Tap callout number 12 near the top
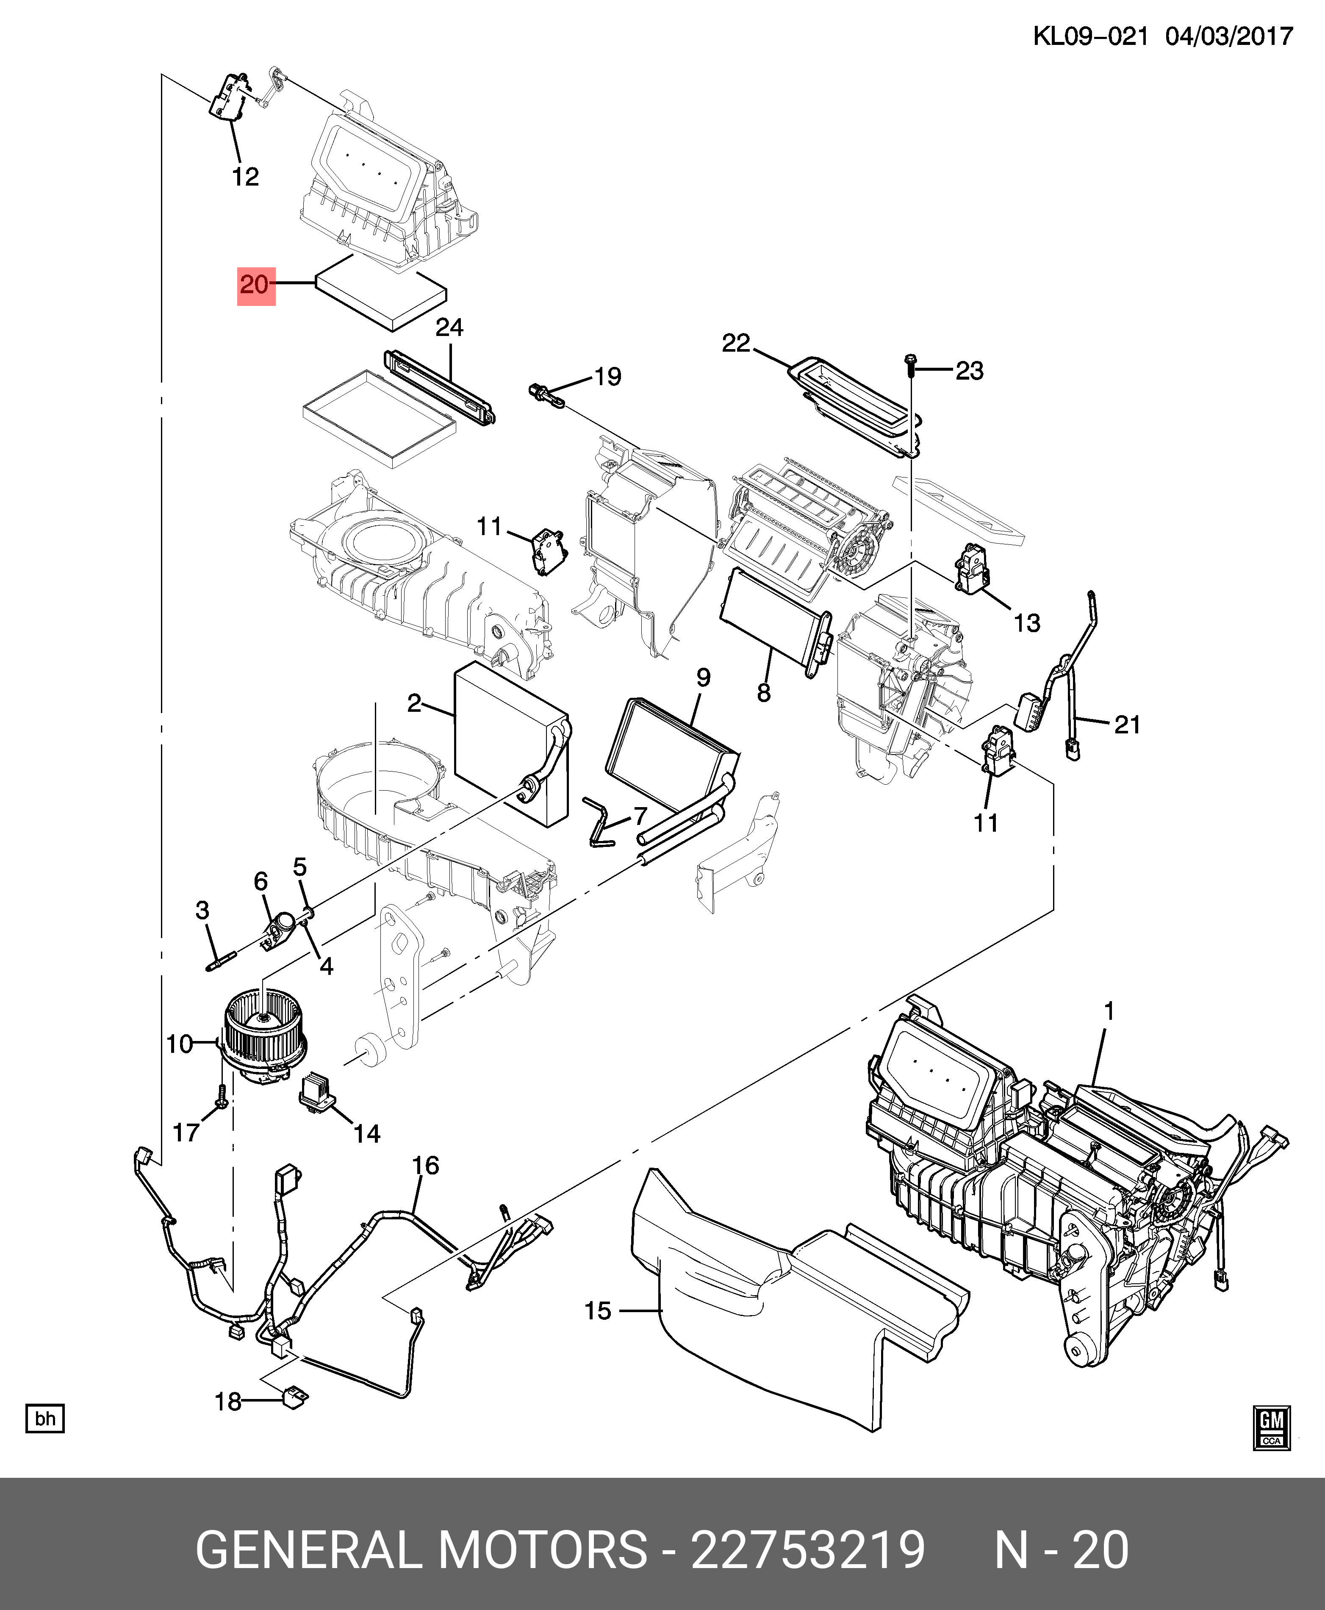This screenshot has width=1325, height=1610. pyautogui.click(x=245, y=177)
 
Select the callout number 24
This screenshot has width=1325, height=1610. pyautogui.click(x=449, y=328)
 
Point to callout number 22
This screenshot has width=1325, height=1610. pyautogui.click(x=736, y=344)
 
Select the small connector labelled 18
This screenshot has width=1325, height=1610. pyautogui.click(x=295, y=1397)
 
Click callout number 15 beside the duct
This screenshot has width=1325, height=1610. pyautogui.click(x=598, y=1311)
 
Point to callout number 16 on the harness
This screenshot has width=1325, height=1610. pyautogui.click(x=425, y=1165)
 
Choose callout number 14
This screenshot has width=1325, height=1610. pyautogui.click(x=366, y=1134)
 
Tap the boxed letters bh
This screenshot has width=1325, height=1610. pyautogui.click(x=45, y=1418)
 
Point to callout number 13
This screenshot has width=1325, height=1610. pyautogui.click(x=1026, y=623)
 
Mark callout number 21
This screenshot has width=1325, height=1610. pyautogui.click(x=1127, y=724)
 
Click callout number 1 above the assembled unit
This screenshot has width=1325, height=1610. pyautogui.click(x=1109, y=1011)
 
